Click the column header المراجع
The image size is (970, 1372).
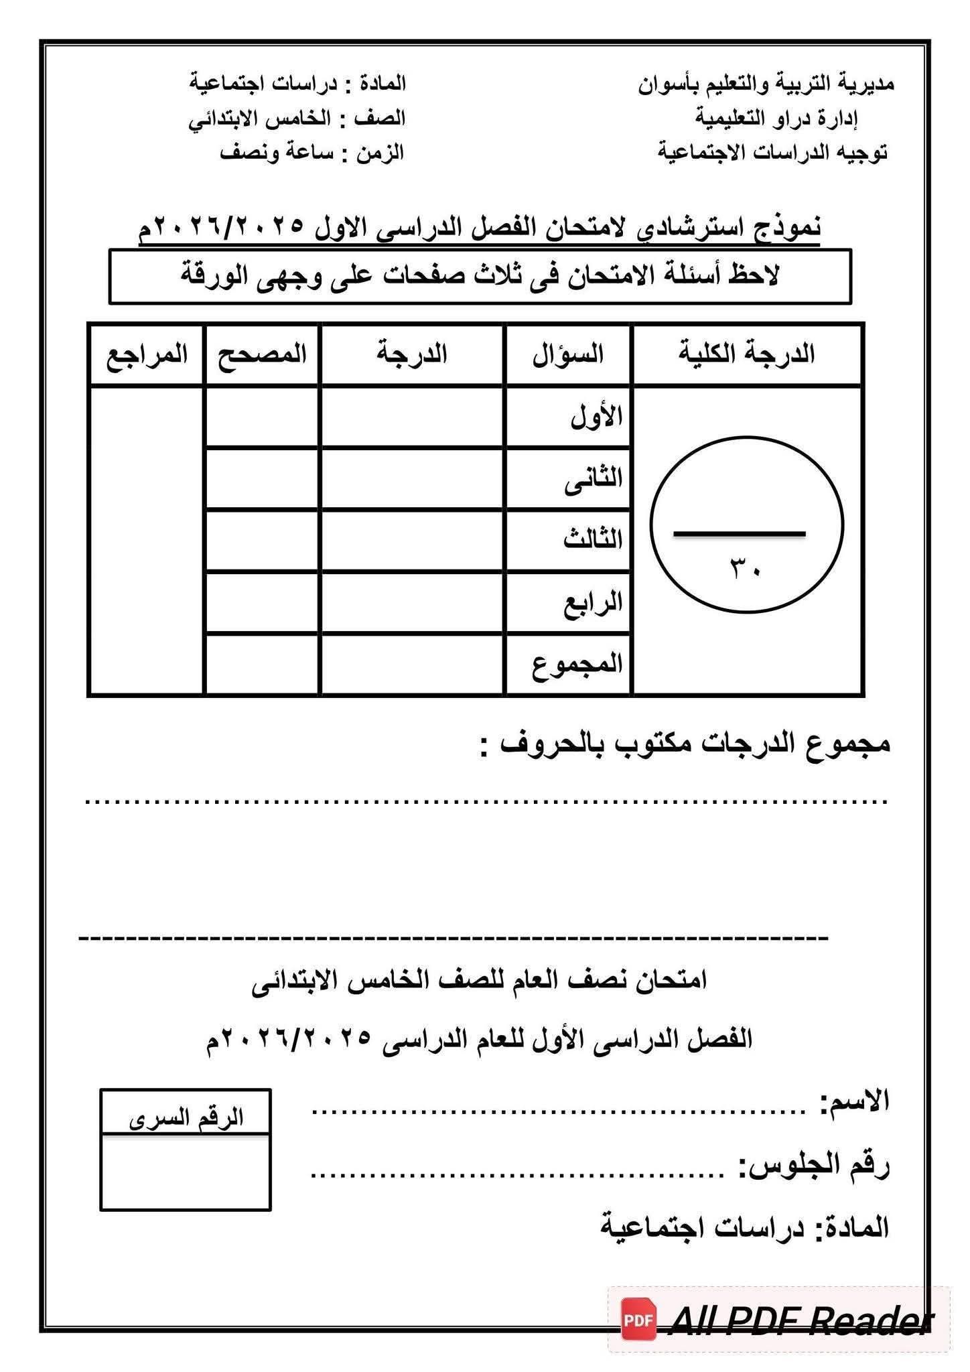[147, 354]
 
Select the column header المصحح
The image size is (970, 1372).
[262, 354]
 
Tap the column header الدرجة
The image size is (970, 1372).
[411, 354]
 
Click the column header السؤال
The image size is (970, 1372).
[568, 354]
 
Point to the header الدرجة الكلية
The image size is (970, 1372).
[747, 354]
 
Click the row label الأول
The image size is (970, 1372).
[596, 417]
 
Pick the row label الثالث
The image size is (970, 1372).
[593, 540]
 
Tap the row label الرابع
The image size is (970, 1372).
[593, 602]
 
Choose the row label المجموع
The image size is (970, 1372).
[577, 664]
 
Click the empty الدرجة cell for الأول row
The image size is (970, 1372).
[411, 417]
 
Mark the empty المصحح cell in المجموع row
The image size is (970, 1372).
[262, 664]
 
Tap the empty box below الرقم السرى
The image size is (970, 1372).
[186, 1172]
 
